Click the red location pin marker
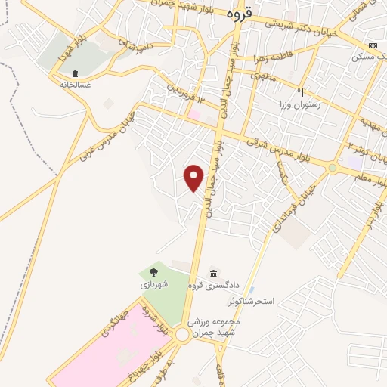194,178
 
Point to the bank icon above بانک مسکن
371,45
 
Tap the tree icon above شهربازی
153,272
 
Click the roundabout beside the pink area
182,335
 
